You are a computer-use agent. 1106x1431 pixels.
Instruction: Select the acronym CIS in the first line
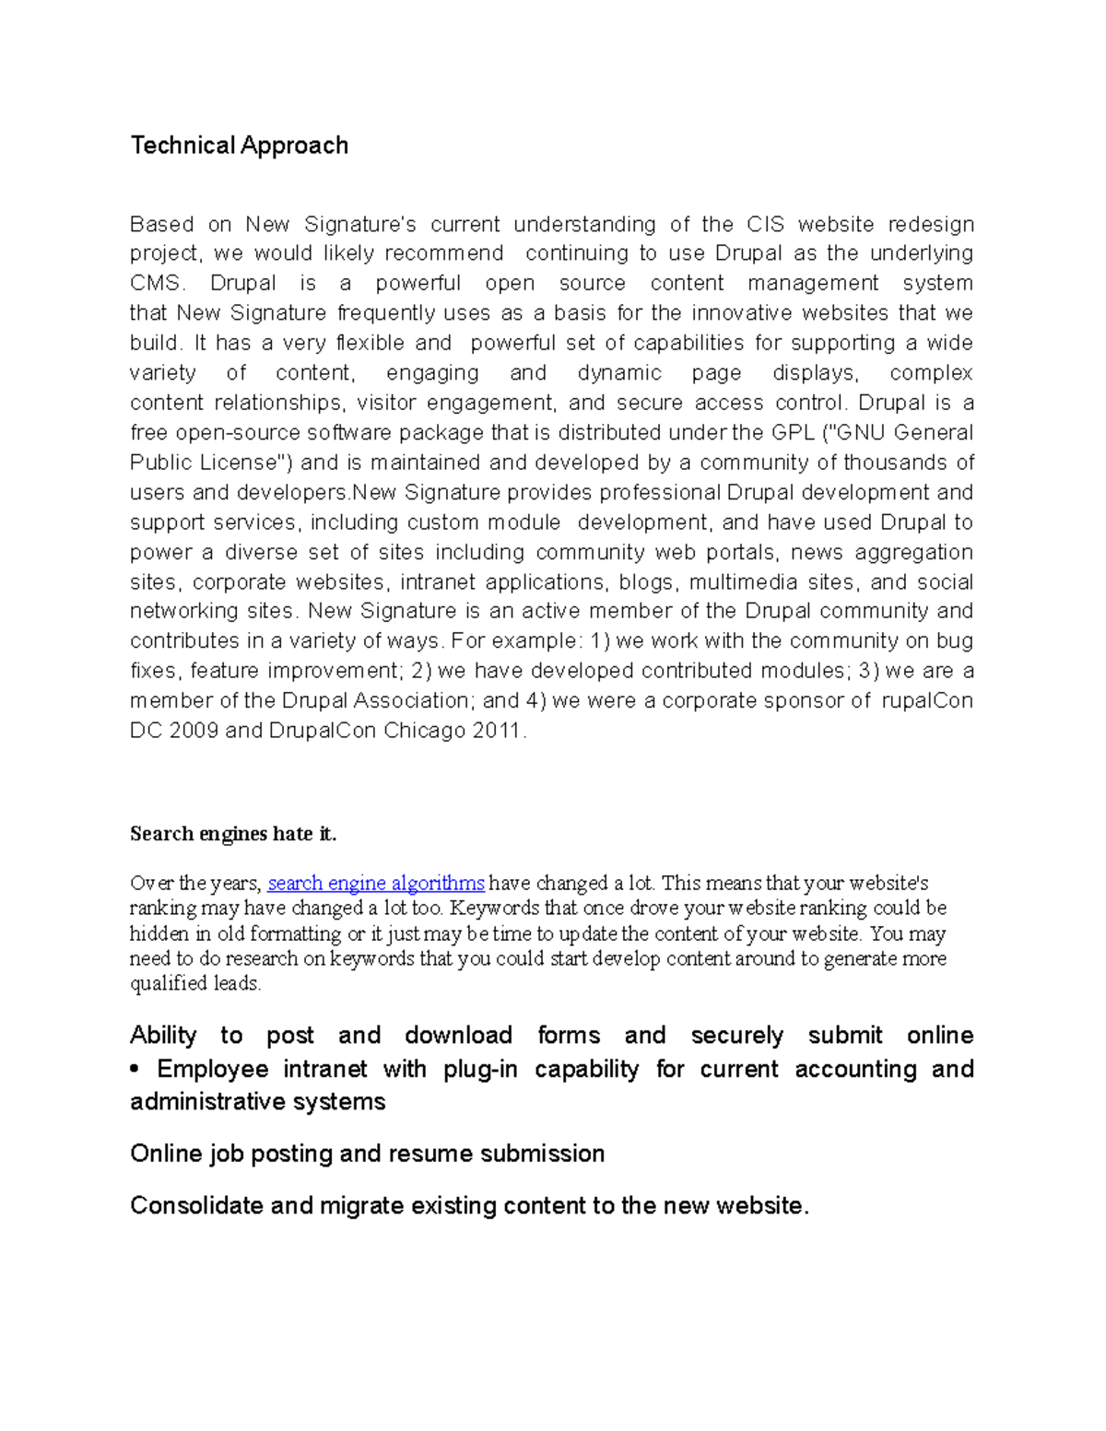(765, 224)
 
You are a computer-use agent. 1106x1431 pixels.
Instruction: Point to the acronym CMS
(158, 283)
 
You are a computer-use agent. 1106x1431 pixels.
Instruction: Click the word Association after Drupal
(398, 700)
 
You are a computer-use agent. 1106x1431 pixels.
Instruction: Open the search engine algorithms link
(376, 883)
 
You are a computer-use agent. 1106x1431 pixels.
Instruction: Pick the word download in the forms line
(458, 1035)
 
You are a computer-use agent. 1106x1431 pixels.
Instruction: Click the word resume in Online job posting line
(430, 1154)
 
